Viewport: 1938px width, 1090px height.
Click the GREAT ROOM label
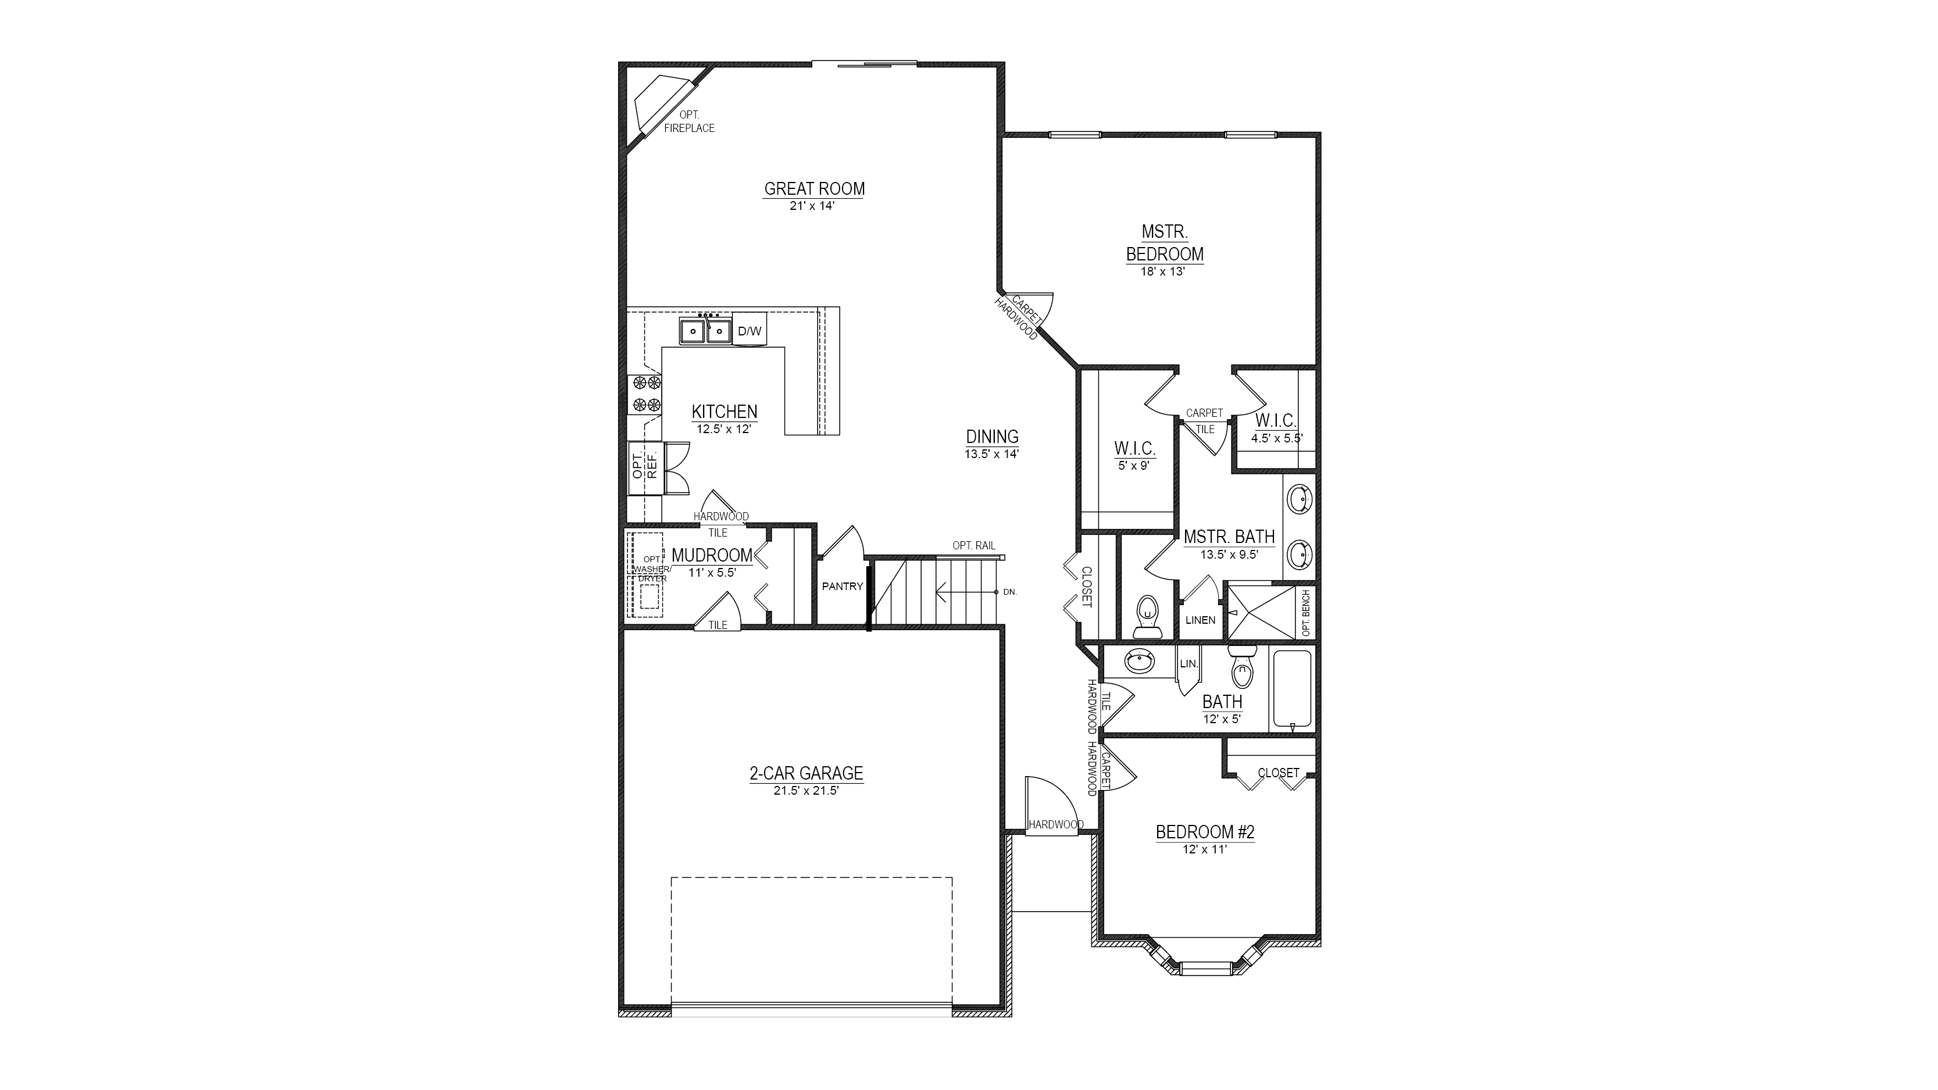[x=814, y=189]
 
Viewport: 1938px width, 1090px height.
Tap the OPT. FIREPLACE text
[x=689, y=121]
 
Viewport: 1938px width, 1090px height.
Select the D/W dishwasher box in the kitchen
[x=749, y=331]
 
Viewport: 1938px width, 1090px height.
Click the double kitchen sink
[x=706, y=331]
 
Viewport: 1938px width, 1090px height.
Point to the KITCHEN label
[x=724, y=412]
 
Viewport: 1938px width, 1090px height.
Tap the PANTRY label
[x=843, y=586]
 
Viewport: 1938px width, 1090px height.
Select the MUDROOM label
[x=712, y=555]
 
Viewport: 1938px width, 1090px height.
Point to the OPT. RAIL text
[x=975, y=545]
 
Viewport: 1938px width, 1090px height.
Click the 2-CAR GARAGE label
[x=806, y=773]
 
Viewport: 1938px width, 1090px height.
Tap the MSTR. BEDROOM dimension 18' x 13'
[x=1163, y=271]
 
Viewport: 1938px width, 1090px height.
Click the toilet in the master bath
[x=1147, y=615]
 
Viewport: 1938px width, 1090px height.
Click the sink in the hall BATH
[x=1140, y=662]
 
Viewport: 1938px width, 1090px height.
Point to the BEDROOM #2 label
[x=1205, y=832]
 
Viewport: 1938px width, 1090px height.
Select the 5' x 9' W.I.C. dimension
[x=1134, y=466]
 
